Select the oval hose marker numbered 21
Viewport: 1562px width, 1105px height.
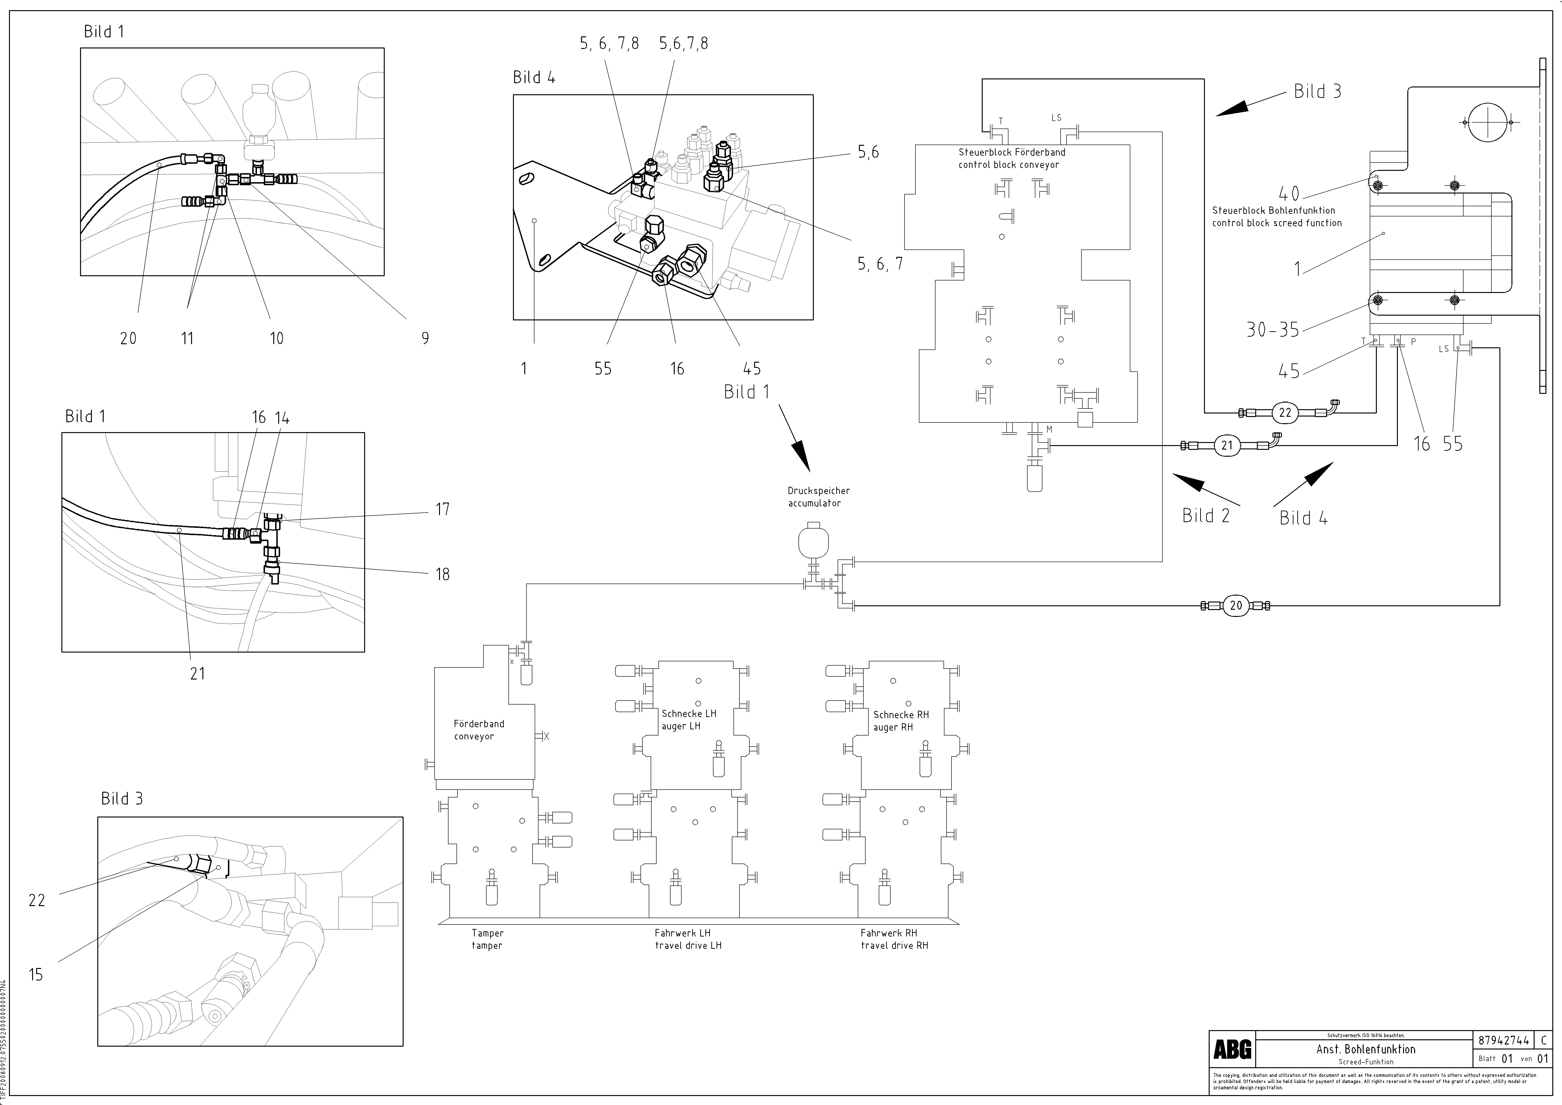tap(1227, 446)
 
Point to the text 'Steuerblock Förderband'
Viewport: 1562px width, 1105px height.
tap(1012, 152)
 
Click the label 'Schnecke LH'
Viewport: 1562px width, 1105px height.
tap(688, 714)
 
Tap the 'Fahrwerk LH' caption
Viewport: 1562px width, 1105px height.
tap(682, 933)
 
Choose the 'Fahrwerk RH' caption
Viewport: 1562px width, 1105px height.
tap(888, 933)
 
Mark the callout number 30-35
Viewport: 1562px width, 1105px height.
tap(1272, 330)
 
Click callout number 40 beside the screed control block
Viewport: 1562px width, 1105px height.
tap(1289, 194)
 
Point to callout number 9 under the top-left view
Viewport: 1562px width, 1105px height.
tap(425, 338)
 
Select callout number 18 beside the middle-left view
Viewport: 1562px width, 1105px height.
tap(443, 574)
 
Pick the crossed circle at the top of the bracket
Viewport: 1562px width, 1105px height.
tap(1488, 122)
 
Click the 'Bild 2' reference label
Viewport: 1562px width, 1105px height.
tap(1206, 516)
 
